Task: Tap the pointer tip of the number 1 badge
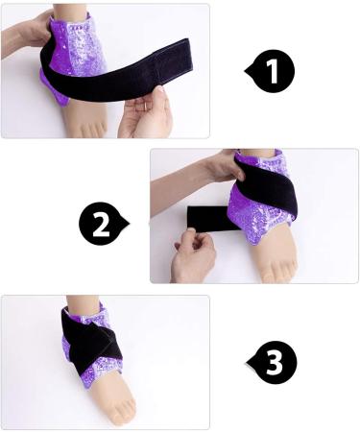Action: [247, 69]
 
